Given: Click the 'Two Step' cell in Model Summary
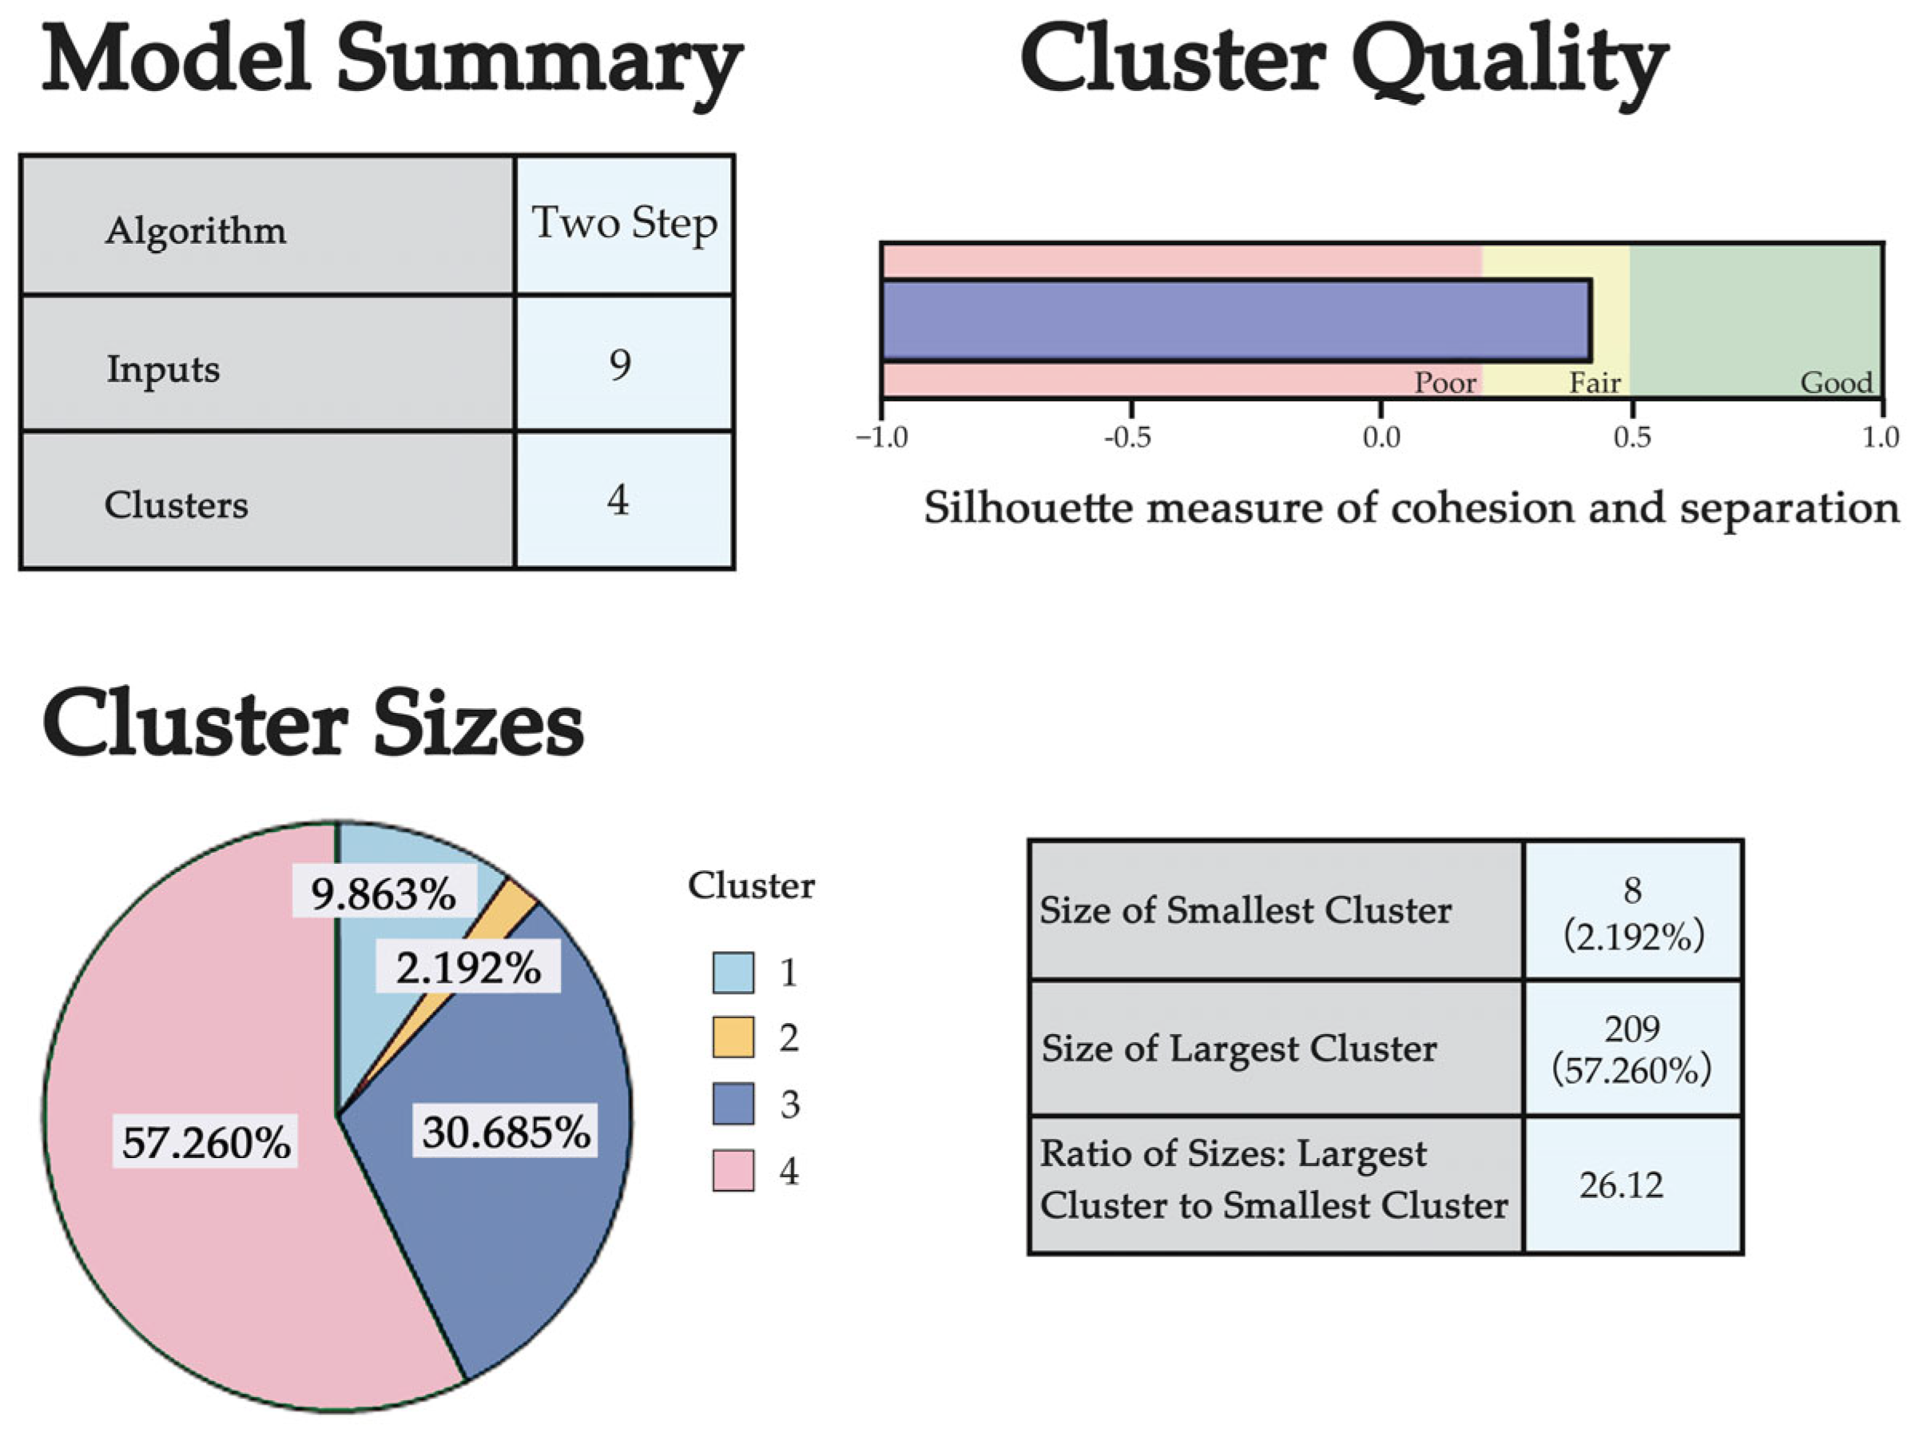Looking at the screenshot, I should pos(624,225).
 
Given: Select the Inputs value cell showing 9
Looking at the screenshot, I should pos(621,364).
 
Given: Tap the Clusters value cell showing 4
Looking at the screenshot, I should pos(618,500).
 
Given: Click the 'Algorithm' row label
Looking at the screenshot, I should pos(196,231).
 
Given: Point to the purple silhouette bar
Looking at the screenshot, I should pos(1235,320).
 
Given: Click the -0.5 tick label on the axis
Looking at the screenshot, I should pos(1128,438).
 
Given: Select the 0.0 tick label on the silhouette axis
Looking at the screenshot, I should pos(1381,438).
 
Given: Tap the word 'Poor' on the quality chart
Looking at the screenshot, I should pos(1445,383).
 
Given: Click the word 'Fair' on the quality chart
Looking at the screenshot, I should pos(1595,383).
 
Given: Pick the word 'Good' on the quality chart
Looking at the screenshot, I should pos(1836,383).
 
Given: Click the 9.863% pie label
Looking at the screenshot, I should pos(383,894).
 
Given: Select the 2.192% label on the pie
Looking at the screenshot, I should pos(468,968).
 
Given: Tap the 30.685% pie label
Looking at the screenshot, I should pos(507,1132).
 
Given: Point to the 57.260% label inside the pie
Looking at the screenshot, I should pos(206,1143).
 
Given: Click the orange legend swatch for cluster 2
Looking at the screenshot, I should pos(733,1037).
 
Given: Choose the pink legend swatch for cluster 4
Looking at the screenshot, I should pos(733,1172).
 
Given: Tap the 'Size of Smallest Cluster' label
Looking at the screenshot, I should pos(1245,910).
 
